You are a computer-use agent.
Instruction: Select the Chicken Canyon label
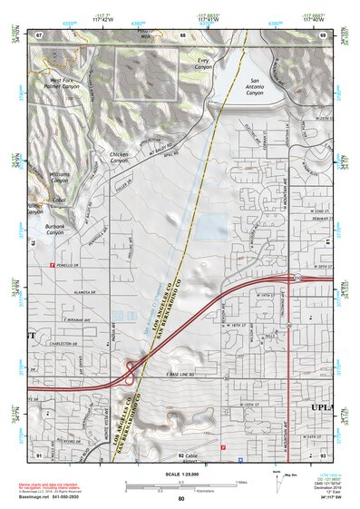tap(119, 158)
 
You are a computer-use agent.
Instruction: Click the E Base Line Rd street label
tap(181, 374)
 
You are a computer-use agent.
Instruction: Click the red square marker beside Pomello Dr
tap(51, 264)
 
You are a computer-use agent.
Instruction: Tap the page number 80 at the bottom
tap(181, 499)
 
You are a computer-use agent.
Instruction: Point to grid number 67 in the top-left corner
tap(39, 34)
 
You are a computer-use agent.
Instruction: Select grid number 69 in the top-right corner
tap(322, 34)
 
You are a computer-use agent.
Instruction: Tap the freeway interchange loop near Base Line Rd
tap(132, 369)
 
